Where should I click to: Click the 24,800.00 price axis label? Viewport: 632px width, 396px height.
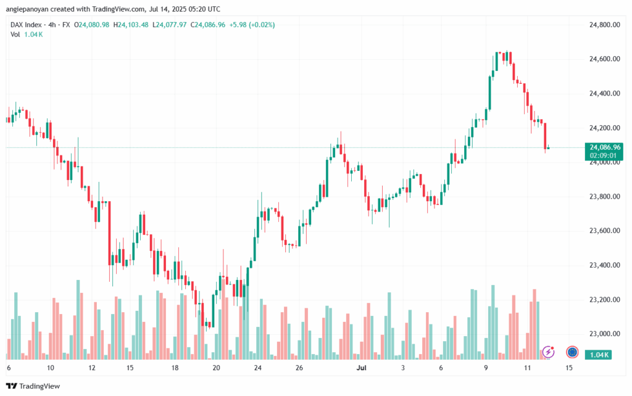tap(604, 25)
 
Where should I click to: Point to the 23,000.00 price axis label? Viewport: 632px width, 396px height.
tap(604, 334)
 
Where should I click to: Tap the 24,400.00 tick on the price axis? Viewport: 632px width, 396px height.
tap(604, 93)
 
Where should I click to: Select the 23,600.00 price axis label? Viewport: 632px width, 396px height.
tap(604, 231)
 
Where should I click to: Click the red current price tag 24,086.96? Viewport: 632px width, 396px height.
tap(605, 147)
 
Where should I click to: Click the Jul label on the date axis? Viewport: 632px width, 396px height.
tap(362, 368)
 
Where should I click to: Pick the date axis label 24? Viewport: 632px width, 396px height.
tap(257, 368)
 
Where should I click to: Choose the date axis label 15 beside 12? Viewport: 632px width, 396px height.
tap(130, 368)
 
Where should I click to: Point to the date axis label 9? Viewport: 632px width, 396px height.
tap(486, 368)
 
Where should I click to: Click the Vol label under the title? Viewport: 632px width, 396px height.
tap(15, 34)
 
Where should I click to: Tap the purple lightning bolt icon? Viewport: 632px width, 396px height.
tap(548, 352)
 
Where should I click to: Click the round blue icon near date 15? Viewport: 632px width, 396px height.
tap(572, 352)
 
